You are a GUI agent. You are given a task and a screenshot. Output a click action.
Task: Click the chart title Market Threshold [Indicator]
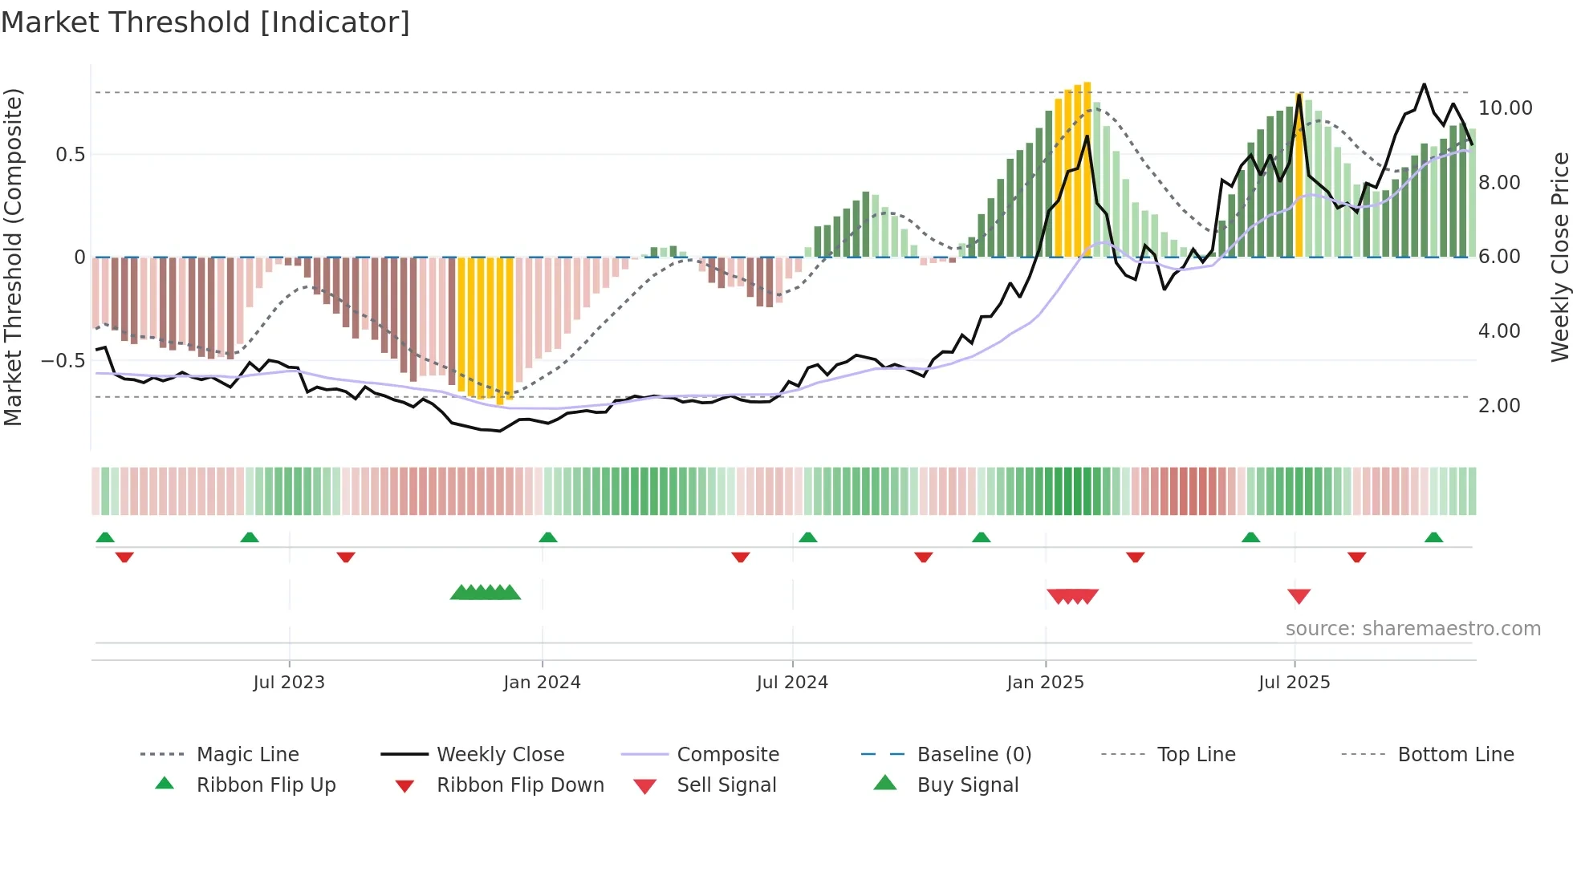[205, 22]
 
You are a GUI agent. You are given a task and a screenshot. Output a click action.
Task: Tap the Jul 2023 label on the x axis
[289, 683]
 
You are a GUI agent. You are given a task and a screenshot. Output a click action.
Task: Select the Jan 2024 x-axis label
[542, 683]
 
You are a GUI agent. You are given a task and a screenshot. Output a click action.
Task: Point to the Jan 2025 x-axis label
[1045, 683]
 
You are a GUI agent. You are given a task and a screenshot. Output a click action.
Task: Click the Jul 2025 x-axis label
[1294, 683]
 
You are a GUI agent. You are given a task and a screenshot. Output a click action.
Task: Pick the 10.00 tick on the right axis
[1505, 108]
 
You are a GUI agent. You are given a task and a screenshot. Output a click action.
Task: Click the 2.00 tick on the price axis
[1499, 406]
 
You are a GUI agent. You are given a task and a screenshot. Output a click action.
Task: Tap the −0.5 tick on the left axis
[63, 361]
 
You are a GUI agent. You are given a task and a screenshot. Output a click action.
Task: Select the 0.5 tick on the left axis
[70, 155]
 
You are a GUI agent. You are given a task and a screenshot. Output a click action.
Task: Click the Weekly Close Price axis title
[1559, 257]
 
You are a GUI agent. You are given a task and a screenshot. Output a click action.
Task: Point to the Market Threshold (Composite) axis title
[13, 257]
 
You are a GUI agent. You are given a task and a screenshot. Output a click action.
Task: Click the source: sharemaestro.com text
[1412, 629]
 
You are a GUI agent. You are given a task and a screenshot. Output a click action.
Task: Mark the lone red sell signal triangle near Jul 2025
[1299, 596]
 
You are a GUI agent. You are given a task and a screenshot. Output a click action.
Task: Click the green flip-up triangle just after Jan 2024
[548, 537]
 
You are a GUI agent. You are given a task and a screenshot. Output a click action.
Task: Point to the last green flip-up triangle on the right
[1433, 537]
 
